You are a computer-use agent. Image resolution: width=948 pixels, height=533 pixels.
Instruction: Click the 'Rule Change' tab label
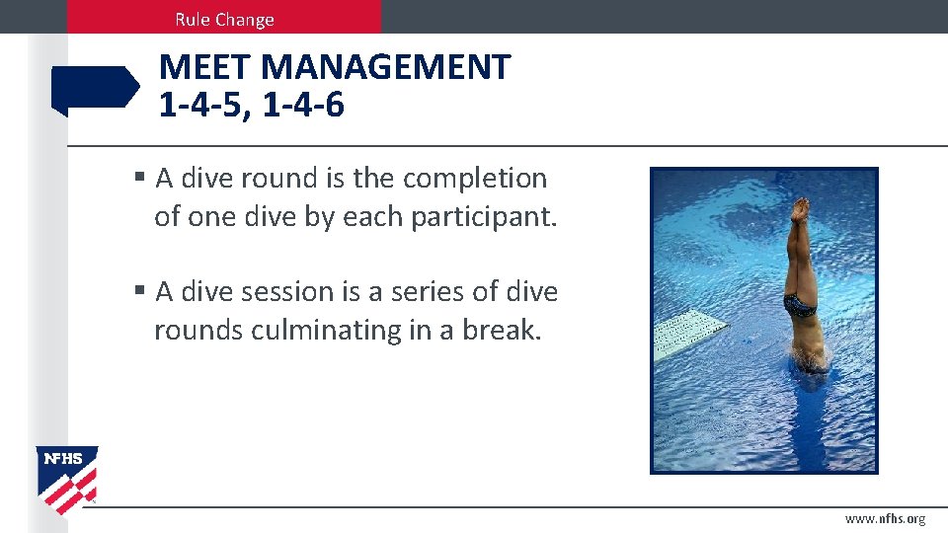[x=224, y=19]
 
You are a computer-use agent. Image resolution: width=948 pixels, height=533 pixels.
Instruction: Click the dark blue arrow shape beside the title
[x=95, y=90]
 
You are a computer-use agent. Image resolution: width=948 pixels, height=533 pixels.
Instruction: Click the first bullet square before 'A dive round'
[x=140, y=178]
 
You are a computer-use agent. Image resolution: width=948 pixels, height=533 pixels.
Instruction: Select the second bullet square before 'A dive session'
[x=140, y=291]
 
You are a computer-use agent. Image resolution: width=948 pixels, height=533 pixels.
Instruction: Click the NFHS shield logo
[x=67, y=479]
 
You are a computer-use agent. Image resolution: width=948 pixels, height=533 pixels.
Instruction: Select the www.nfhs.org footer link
[x=885, y=518]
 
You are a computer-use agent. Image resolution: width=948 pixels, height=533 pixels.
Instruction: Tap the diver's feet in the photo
[x=800, y=208]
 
